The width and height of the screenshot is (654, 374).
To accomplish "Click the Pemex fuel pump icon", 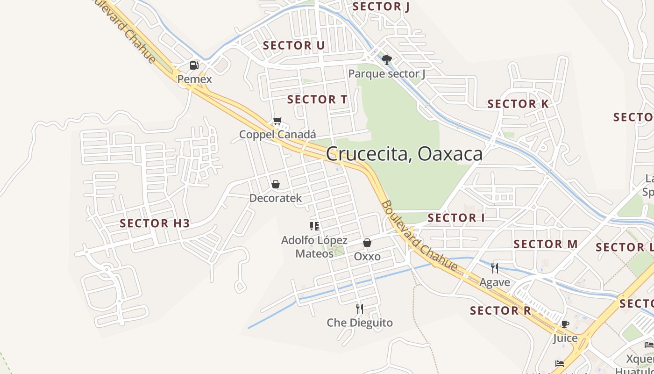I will coord(194,65).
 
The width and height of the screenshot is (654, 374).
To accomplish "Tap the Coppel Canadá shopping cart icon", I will coord(277,121).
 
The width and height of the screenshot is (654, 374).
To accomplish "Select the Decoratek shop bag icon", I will coord(276,184).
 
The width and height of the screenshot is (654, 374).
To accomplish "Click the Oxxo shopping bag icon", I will coord(367,243).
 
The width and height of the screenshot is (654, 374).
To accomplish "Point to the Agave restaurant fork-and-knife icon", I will coord(495,268).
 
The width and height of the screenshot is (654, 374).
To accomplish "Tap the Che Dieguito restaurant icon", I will coord(359,309).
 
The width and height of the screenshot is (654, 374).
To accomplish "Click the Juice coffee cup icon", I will coord(565,324).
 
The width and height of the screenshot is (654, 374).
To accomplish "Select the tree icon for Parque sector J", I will coord(386,59).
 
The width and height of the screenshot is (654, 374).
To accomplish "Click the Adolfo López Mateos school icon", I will coord(314,226).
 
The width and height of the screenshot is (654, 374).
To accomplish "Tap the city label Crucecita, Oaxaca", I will coord(404,153).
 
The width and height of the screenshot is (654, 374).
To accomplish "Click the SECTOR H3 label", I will coord(155,223).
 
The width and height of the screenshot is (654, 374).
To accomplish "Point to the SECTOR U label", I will coord(293,45).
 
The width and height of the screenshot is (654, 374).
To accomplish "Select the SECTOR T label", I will coord(317,100).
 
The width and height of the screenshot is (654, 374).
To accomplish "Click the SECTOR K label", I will coord(518,104).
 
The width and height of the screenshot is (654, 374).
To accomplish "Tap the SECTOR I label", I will coord(456,218).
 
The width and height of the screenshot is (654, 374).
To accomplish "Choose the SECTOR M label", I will coord(545,244).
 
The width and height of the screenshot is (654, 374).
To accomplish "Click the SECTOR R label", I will coord(500,311).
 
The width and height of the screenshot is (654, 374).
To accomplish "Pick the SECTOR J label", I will coord(381,7).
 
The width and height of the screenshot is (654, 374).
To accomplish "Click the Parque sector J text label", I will coord(387,74).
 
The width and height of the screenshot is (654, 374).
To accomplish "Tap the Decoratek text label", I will coord(276,198).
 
